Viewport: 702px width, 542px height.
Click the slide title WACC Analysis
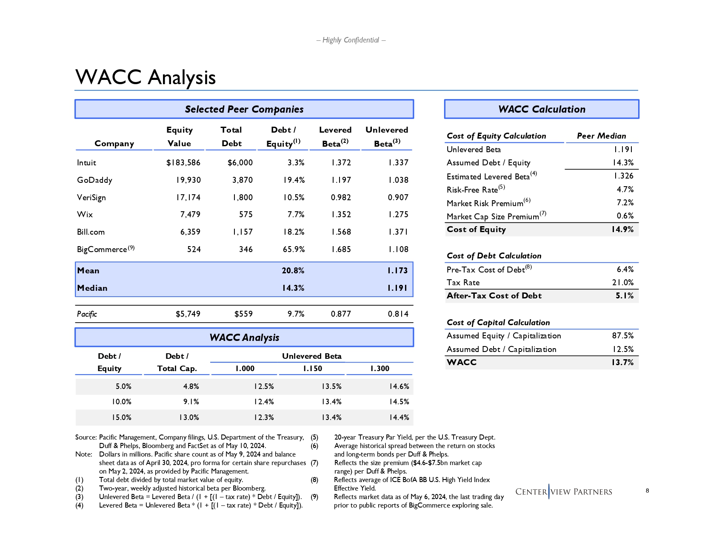click(x=146, y=77)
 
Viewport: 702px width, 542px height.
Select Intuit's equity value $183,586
click(x=183, y=163)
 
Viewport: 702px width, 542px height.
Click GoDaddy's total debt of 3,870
click(x=243, y=180)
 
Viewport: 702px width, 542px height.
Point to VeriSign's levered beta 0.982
click(x=341, y=198)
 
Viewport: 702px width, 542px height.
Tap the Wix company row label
click(x=85, y=215)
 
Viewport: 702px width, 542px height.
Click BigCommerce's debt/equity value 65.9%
click(x=294, y=250)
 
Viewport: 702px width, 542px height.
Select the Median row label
click(x=92, y=288)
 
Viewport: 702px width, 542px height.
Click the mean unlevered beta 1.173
click(x=397, y=271)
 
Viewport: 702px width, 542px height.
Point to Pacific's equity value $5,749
click(x=188, y=314)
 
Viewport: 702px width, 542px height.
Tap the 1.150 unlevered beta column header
click(x=312, y=369)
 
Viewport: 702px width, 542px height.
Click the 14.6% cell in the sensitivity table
click(x=399, y=386)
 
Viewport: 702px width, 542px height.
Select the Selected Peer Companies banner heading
click(x=244, y=109)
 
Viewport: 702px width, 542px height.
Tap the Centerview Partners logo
click(x=564, y=492)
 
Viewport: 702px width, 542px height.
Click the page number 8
click(x=647, y=491)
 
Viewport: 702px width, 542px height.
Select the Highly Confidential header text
click(x=351, y=40)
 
